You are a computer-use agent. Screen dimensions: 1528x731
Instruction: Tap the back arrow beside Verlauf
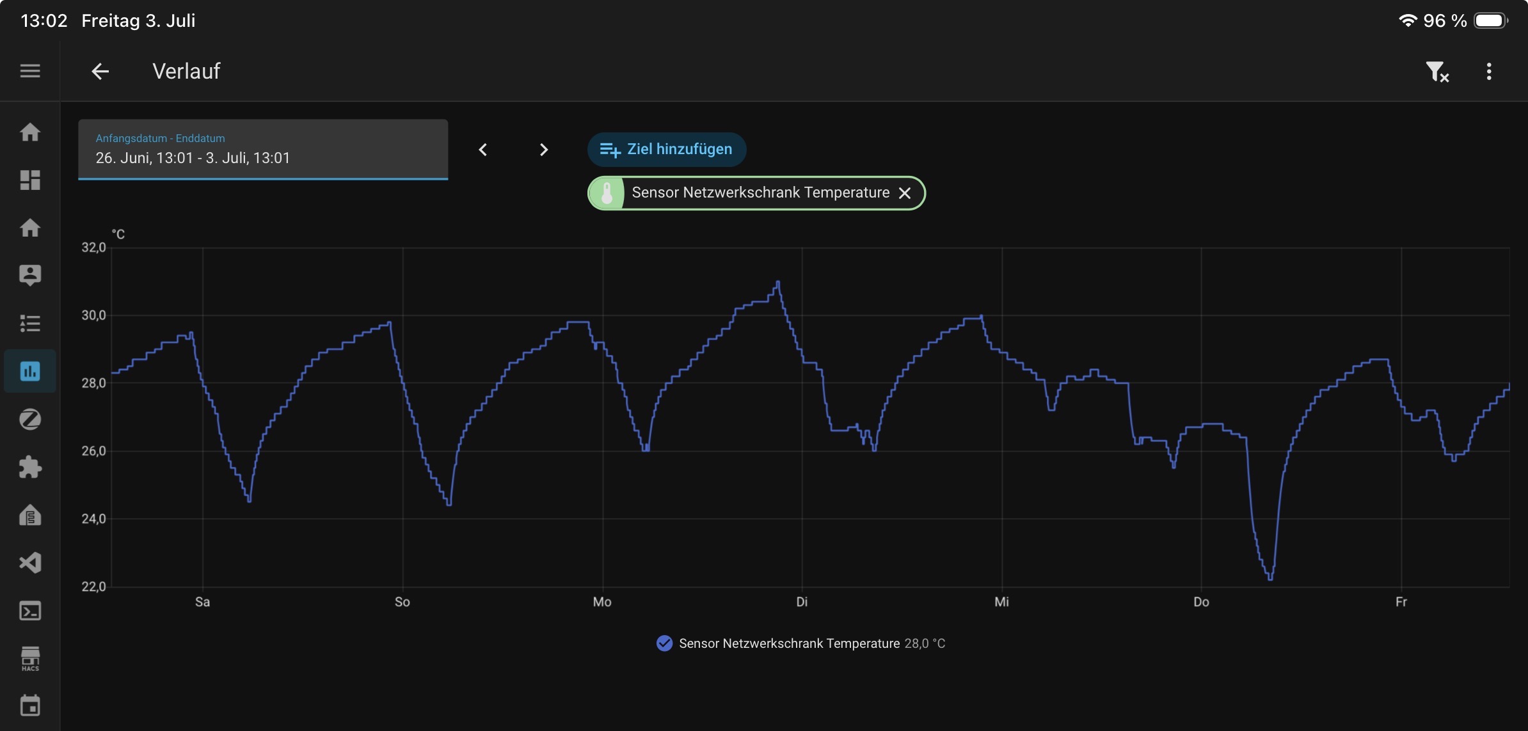point(100,71)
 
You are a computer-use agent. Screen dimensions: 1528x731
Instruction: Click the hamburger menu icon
point(30,71)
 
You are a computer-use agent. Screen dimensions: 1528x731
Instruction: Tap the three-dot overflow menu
point(1489,71)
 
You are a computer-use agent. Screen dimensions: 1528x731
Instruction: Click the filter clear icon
point(1437,72)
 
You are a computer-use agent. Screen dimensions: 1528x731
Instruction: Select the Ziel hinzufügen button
point(667,150)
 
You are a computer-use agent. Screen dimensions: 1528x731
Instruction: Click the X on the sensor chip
point(905,193)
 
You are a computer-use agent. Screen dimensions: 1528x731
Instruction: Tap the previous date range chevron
point(483,150)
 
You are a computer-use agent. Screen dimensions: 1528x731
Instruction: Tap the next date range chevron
point(543,150)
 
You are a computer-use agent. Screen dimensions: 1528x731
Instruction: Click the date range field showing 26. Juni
point(263,150)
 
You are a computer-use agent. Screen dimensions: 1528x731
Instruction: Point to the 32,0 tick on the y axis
point(93,248)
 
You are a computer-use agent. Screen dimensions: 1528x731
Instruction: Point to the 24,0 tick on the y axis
point(93,519)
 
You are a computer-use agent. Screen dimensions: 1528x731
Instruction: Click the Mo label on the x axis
point(602,602)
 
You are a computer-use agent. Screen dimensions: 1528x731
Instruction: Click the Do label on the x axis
point(1201,602)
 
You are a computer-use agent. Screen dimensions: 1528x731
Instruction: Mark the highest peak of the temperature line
point(778,281)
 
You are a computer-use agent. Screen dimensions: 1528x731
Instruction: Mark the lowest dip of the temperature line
point(1270,579)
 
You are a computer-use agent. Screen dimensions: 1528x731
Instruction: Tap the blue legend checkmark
point(665,643)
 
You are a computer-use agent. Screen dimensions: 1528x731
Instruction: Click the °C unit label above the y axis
point(118,234)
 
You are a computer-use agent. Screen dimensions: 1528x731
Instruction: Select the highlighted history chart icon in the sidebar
point(30,371)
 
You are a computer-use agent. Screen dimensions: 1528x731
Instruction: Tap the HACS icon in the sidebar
point(30,659)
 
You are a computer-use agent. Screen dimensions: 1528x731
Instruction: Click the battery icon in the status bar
point(1491,20)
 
